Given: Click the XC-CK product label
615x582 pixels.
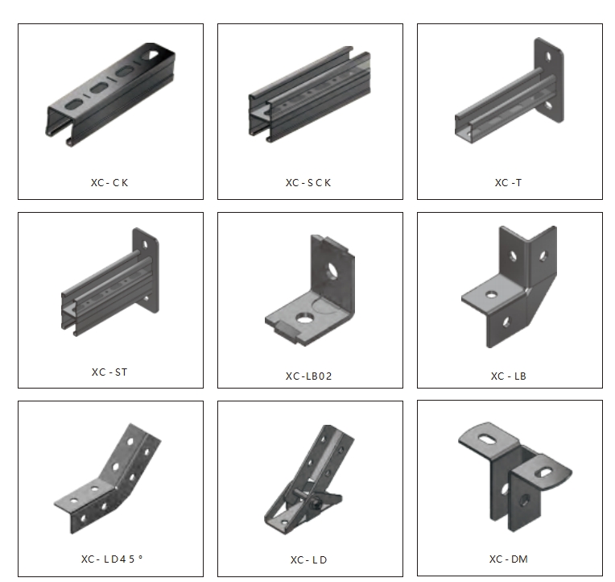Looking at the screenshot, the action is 109,183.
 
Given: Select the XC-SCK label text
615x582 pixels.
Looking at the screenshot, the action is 308,183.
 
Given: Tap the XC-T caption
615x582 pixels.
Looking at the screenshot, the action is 508,183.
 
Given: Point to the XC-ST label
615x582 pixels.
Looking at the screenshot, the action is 109,372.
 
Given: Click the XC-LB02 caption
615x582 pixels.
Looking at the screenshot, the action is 308,376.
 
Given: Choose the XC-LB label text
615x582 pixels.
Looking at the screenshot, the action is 508,376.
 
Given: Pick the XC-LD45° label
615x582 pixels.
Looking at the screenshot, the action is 112,559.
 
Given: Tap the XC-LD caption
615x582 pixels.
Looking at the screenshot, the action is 308,559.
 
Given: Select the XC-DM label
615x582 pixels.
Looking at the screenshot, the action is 508,559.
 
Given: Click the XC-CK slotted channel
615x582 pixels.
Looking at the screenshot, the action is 110,94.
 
